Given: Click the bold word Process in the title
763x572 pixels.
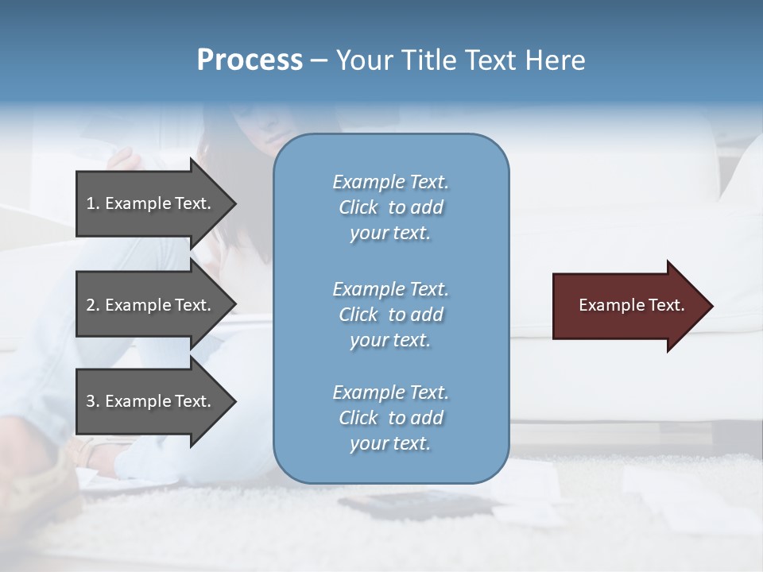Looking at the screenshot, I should pyautogui.click(x=250, y=60).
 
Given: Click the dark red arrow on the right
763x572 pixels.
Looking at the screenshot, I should pyautogui.click(x=628, y=306).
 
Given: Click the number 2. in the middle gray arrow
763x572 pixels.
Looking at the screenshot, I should pyautogui.click(x=92, y=305).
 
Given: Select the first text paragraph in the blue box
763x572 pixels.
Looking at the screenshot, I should pyautogui.click(x=390, y=207).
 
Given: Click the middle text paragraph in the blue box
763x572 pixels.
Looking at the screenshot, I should pyautogui.click(x=390, y=315).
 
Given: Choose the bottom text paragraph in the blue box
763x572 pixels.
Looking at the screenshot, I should pyautogui.click(x=390, y=418).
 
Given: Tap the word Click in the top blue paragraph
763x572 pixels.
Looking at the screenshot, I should pyautogui.click(x=358, y=207).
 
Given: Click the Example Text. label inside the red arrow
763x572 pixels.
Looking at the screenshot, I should pyautogui.click(x=631, y=305).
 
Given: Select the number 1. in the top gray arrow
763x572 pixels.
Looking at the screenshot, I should pyautogui.click(x=92, y=203).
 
